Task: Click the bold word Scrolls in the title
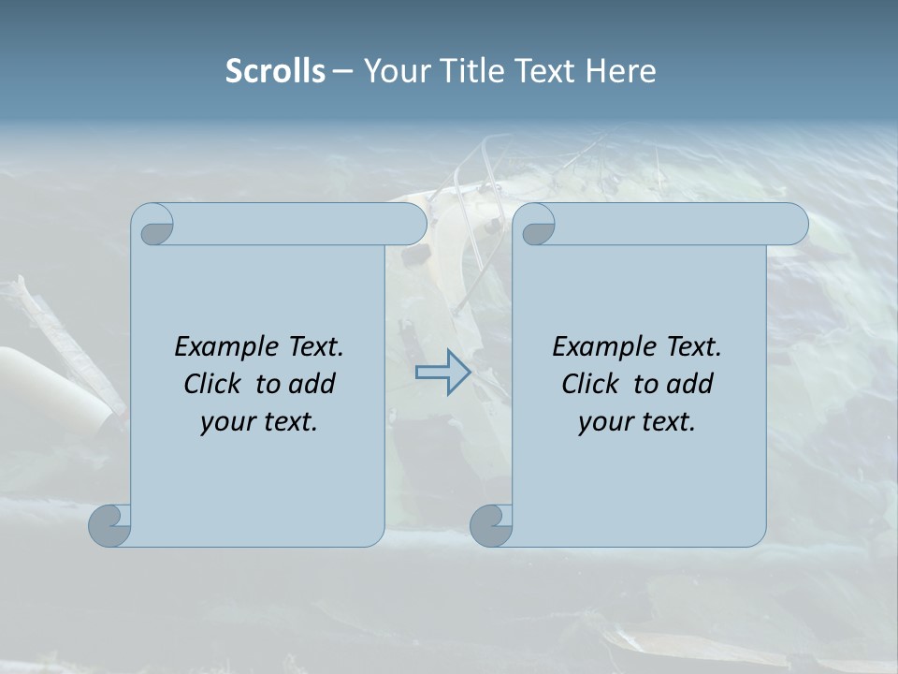276,71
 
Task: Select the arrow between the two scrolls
442,374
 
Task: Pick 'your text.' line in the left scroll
259,422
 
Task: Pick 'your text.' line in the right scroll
636,422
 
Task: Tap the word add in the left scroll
312,384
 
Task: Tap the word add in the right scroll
690,384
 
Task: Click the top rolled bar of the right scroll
678,224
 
